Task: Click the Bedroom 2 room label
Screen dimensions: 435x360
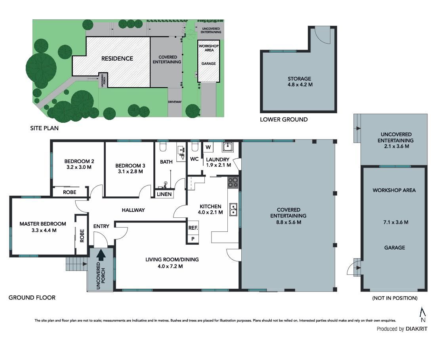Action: [x=79, y=161]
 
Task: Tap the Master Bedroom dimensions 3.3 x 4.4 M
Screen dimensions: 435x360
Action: [x=44, y=230]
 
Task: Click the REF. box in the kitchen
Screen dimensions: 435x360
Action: [x=193, y=228]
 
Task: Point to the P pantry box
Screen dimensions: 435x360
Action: [x=193, y=239]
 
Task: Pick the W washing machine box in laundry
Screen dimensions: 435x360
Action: [x=208, y=147]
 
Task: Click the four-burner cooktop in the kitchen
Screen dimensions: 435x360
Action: [x=233, y=183]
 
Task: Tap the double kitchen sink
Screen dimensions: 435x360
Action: [x=233, y=210]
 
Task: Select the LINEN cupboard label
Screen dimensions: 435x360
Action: [x=164, y=194]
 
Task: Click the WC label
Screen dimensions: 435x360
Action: [x=194, y=159]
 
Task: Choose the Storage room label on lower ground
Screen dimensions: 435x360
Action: [x=300, y=78]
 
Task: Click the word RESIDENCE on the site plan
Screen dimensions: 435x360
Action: [x=117, y=59]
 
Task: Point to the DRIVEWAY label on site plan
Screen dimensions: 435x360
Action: [x=175, y=102]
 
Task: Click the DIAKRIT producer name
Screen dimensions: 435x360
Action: [x=416, y=329]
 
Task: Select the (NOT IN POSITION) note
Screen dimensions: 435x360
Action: [x=395, y=298]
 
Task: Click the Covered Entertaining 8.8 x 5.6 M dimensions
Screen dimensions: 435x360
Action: [x=288, y=222]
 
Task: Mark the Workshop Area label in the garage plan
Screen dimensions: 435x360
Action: [x=394, y=190]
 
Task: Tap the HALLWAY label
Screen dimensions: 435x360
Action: [x=133, y=210]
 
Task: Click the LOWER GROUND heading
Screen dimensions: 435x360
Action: [x=284, y=120]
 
